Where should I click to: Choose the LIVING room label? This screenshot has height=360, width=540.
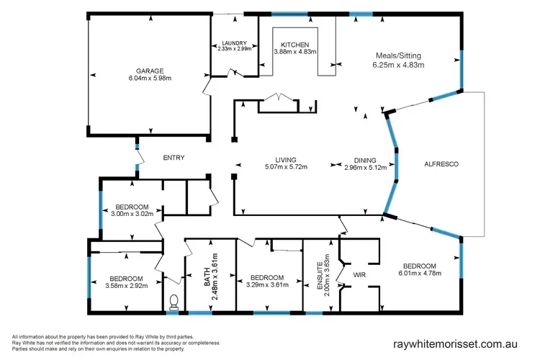click(x=286, y=160)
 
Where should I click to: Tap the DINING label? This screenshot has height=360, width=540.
click(x=365, y=160)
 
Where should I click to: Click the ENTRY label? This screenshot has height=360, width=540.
click(x=174, y=158)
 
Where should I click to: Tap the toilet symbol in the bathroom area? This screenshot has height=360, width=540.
click(x=173, y=302)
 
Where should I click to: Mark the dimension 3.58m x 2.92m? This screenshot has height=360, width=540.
click(x=126, y=286)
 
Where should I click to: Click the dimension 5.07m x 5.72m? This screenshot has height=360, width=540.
click(x=286, y=167)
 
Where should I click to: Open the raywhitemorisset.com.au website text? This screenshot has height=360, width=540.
click(x=456, y=344)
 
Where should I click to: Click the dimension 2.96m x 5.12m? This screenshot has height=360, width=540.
click(x=365, y=167)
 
